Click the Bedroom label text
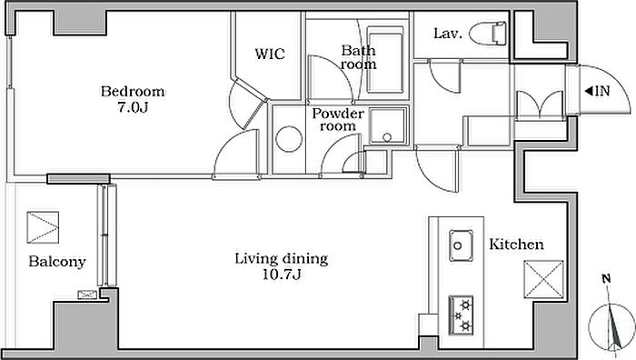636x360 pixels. pos(133,91)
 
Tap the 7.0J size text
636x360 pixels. pos(133,107)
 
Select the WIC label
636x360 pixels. pos(270,54)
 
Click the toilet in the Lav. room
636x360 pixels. pos(489,33)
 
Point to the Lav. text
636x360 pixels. pos(448,34)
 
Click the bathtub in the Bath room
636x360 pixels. pos(385,60)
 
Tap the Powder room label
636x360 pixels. pos(338,119)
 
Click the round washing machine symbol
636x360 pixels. pos(289,139)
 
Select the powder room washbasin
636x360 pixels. pos(387,125)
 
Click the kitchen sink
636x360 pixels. pos(462,245)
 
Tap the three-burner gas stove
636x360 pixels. pos(462,315)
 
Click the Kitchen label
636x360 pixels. pos(516,245)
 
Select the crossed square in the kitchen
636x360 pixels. pos(543,279)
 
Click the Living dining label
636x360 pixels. pos(282,258)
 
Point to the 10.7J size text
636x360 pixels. pos(282,275)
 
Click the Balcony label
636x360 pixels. pos(57,262)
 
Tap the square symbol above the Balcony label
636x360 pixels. pos(43,227)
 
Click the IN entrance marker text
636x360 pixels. pos(598,91)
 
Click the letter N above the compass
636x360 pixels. pos(606,279)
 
